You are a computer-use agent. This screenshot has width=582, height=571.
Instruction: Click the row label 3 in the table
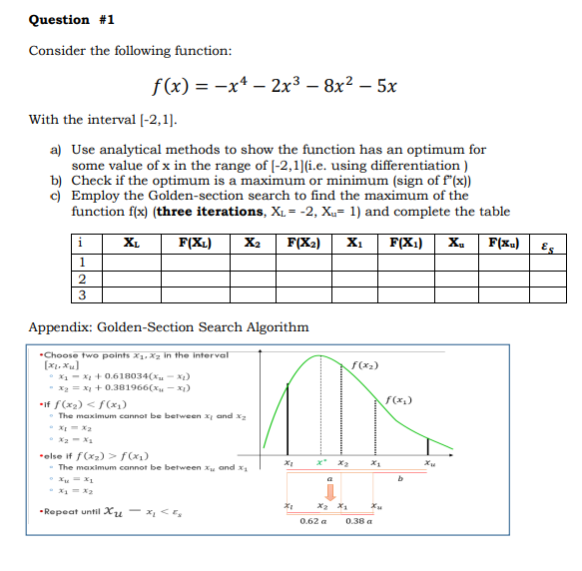(x=81, y=294)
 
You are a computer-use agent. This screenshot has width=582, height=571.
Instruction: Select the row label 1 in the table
(x=81, y=262)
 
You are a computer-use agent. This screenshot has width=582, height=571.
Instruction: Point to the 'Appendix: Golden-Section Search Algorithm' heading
(x=169, y=326)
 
